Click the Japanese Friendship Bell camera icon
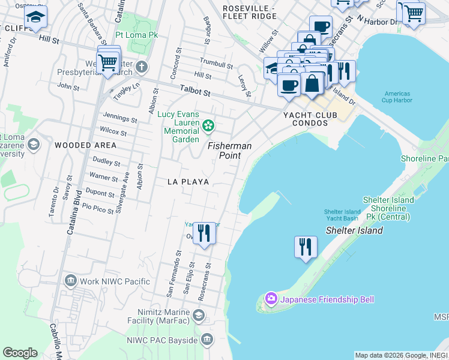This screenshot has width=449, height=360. click(x=271, y=299)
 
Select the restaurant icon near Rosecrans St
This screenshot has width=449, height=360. click(x=204, y=233)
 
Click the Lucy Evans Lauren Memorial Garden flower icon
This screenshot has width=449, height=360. click(x=208, y=125)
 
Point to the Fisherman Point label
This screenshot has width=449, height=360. click(x=229, y=151)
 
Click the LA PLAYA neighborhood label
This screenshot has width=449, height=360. click(x=188, y=181)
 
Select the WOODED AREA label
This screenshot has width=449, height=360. click(x=85, y=145)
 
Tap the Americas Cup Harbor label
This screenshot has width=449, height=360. click(x=397, y=97)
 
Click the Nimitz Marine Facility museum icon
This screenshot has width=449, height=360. click(x=198, y=314)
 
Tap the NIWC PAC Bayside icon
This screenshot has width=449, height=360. click(x=207, y=340)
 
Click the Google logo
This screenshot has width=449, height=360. click(x=20, y=353)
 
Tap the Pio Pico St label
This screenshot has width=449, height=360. click(x=98, y=208)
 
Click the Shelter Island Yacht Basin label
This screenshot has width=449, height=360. click(x=342, y=215)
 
